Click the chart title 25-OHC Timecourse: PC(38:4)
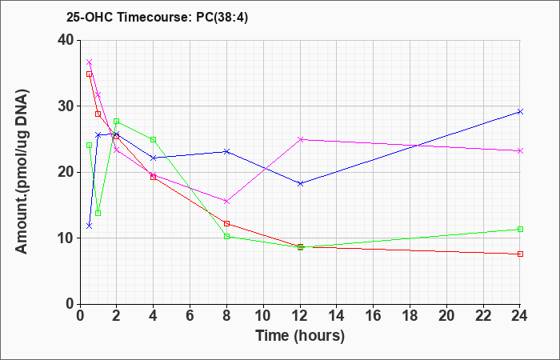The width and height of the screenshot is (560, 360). [157, 18]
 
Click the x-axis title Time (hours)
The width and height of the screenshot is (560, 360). [300, 336]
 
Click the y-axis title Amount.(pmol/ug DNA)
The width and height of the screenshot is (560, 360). [22, 172]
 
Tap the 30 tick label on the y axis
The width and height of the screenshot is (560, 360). [66, 106]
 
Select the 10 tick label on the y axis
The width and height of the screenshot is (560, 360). [66, 238]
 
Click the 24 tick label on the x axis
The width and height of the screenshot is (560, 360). [520, 316]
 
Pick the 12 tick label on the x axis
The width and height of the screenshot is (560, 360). [300, 316]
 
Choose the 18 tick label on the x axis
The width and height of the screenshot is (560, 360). [410, 316]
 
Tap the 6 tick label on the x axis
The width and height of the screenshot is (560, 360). [190, 316]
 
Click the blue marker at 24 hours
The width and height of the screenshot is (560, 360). [520, 112]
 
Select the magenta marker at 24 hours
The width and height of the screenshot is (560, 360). [520, 151]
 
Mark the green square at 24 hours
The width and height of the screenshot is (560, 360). [520, 230]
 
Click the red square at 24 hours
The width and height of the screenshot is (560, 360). [520, 254]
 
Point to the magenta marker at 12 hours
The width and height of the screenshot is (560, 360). [300, 139]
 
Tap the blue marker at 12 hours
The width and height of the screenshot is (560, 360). [300, 183]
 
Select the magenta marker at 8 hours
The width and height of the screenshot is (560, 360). [226, 202]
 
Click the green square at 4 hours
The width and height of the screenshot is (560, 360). [154, 140]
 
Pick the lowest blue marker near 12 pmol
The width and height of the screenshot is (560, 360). [90, 226]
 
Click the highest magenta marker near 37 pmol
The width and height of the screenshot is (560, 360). [90, 62]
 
